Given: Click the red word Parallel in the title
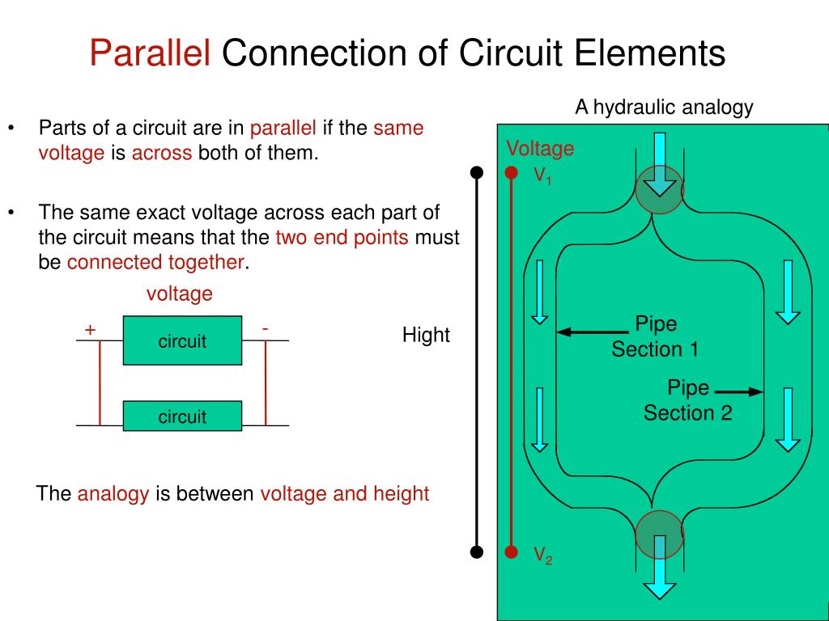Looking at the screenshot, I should [x=150, y=54].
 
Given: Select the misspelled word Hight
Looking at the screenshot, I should [x=426, y=335].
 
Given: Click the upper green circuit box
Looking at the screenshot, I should [x=182, y=340].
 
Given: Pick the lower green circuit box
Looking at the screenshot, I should [x=182, y=416].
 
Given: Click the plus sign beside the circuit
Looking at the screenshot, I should [x=90, y=329].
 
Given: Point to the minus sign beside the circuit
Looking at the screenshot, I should [x=265, y=328].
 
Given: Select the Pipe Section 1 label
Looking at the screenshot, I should [x=655, y=337].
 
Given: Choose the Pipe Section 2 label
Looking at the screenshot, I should [x=687, y=401].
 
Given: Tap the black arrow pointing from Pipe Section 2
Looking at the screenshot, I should [x=739, y=392].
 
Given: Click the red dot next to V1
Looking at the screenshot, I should [x=511, y=172].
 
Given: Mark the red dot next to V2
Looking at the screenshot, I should [x=511, y=552].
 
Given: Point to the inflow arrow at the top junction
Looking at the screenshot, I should [x=660, y=166].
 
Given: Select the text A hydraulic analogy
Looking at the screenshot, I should [x=664, y=107].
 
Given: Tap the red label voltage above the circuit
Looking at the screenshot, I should [x=179, y=294].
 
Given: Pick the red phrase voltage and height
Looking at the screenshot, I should [x=344, y=493].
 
